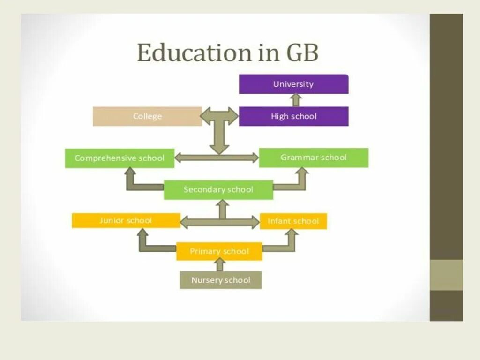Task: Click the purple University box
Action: click(293, 84)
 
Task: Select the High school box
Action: click(293, 116)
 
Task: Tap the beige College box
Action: click(147, 116)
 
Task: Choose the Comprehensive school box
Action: click(120, 158)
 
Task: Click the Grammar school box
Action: click(314, 157)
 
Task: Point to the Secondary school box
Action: click(218, 190)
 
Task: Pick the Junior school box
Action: click(126, 220)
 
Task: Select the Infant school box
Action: click(293, 221)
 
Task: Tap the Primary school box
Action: click(219, 251)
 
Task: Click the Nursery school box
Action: click(221, 280)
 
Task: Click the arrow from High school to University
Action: click(295, 100)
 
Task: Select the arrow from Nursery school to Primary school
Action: click(220, 265)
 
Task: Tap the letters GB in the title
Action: click(300, 53)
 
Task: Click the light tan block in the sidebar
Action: click(446, 275)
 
